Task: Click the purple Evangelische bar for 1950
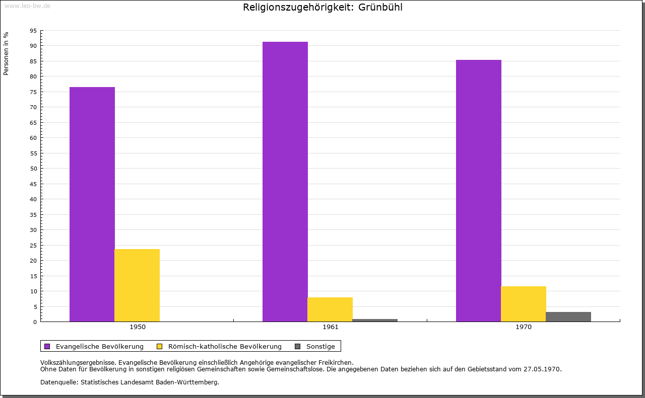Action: pyautogui.click(x=92, y=204)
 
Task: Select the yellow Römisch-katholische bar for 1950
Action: pyautogui.click(x=137, y=285)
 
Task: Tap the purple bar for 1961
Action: pyautogui.click(x=285, y=182)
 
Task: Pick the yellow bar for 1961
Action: pyautogui.click(x=330, y=309)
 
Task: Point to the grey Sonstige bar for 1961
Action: pyautogui.click(x=375, y=320)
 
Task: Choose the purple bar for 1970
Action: pyautogui.click(x=478, y=191)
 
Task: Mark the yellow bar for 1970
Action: pyautogui.click(x=523, y=304)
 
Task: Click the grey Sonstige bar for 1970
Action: pyautogui.click(x=568, y=316)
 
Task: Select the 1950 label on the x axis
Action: pyautogui.click(x=138, y=327)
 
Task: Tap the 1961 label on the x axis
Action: pyautogui.click(x=331, y=327)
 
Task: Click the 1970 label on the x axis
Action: pyautogui.click(x=524, y=327)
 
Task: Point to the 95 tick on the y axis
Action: pyautogui.click(x=33, y=31)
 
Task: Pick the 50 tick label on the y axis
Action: pyautogui.click(x=33, y=169)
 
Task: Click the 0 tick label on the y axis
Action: pyautogui.click(x=35, y=322)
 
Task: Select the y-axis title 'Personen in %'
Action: pyautogui.click(x=6, y=53)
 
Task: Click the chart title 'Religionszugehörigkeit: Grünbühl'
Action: pyautogui.click(x=322, y=8)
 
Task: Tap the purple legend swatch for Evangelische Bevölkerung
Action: pyautogui.click(x=47, y=346)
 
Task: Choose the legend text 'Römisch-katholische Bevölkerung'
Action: pyautogui.click(x=225, y=346)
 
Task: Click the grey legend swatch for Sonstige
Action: pyautogui.click(x=297, y=346)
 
